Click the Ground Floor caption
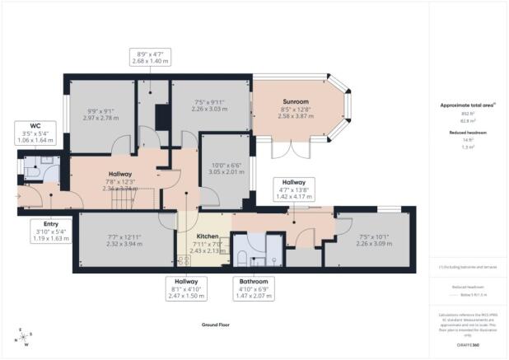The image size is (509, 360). (x=214, y=326)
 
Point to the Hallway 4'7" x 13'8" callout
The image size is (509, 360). (x=294, y=190)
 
